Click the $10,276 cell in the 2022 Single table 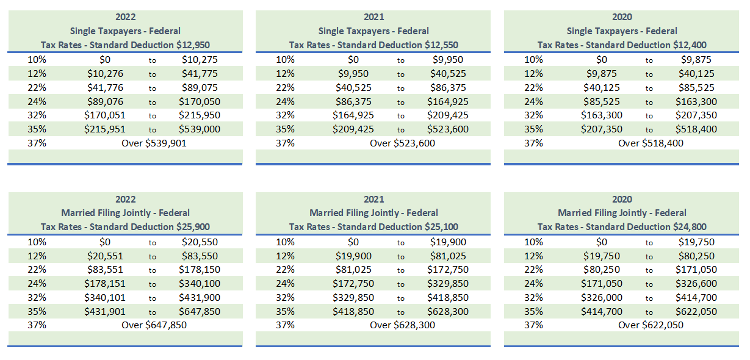[104, 74]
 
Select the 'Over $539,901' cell [154, 143]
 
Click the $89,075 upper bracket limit [200, 87]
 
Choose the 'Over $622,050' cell [651, 325]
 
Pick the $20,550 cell [200, 242]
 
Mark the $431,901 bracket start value [104, 311]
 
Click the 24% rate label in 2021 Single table [285, 101]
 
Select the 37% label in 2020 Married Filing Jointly [533, 325]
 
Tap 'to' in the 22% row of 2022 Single [153, 88]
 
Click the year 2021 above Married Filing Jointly [373, 200]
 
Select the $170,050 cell [200, 101]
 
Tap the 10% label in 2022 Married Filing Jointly [37, 242]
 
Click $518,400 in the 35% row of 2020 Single [696, 129]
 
